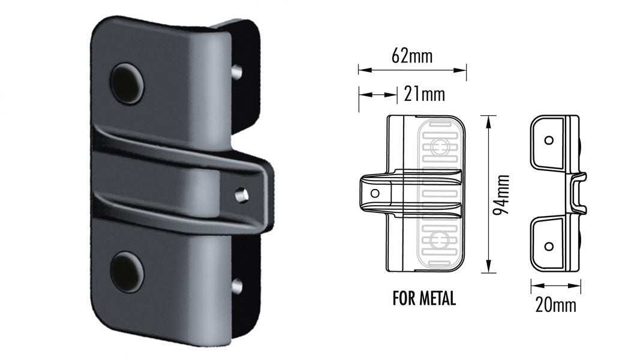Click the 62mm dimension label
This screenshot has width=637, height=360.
[411, 56]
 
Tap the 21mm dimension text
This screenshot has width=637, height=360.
[425, 94]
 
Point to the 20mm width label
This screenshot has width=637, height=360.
[556, 305]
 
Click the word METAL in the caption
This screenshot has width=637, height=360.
[437, 298]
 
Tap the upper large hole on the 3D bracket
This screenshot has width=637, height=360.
[127, 82]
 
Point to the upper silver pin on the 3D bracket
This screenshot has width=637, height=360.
[238, 71]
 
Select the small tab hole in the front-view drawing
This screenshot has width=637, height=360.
[375, 193]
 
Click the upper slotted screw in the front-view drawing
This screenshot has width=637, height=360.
[442, 146]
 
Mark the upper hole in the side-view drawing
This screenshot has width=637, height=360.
[549, 140]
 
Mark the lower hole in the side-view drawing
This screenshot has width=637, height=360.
[549, 246]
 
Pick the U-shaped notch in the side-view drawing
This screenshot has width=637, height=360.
[578, 193]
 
